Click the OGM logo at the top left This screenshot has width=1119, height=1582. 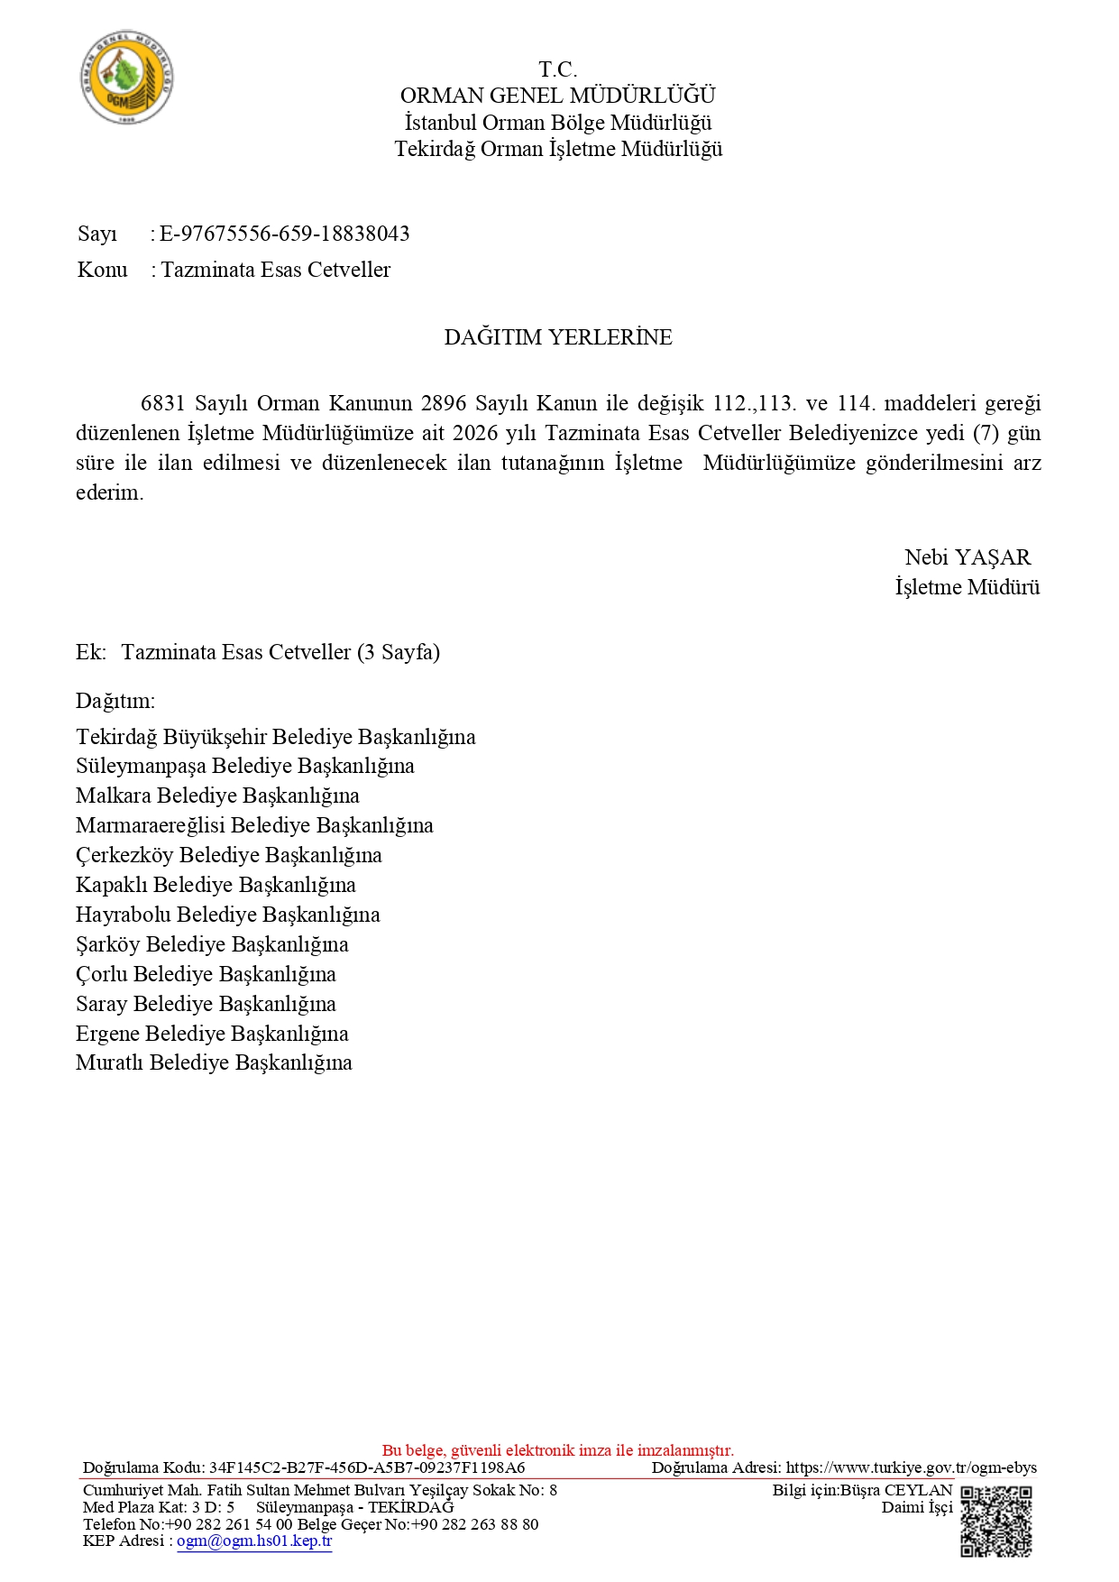point(126,78)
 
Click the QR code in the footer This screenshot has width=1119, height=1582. point(995,1522)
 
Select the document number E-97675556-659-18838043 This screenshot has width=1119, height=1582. point(284,235)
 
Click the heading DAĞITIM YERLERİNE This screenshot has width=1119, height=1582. point(558,337)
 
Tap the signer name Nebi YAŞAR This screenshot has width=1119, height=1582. point(967,557)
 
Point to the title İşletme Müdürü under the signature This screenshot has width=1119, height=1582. point(967,587)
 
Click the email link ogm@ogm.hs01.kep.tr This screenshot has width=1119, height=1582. point(254,1541)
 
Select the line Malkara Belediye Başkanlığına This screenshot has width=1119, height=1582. point(217,796)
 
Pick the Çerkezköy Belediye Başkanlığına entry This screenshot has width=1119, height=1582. point(229,855)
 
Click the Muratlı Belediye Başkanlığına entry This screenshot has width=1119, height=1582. point(214,1062)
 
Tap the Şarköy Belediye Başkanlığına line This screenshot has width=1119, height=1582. point(212,944)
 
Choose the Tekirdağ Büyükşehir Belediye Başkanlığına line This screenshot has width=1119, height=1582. point(275,737)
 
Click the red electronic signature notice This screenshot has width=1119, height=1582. point(558,1450)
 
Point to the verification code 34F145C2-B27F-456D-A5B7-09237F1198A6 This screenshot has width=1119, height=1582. point(367,1467)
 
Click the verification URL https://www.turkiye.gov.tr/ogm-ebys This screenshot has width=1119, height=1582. point(911,1467)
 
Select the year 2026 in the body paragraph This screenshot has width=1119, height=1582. point(475,433)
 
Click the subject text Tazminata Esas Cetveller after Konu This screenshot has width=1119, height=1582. point(276,270)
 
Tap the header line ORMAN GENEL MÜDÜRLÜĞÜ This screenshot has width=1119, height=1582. point(558,96)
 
